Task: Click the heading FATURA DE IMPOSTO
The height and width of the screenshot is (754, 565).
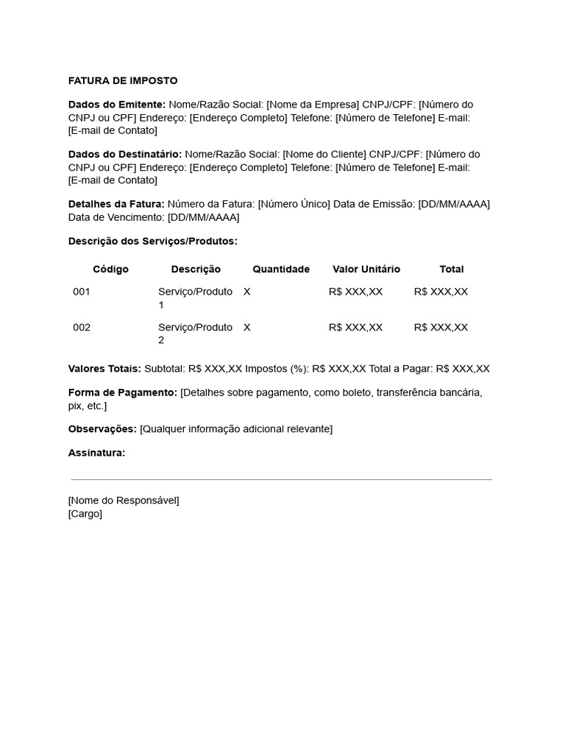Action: (123, 81)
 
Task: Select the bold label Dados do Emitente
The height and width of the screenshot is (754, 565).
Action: (117, 105)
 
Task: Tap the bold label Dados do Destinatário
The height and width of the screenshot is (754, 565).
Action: (125, 154)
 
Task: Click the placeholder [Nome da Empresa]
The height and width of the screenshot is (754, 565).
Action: (313, 105)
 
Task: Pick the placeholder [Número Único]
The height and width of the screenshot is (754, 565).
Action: (294, 204)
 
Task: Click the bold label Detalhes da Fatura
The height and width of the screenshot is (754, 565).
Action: (116, 204)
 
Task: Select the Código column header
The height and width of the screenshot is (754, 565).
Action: (110, 269)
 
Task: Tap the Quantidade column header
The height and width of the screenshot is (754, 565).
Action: (281, 269)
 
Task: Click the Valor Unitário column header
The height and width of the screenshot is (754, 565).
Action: (366, 269)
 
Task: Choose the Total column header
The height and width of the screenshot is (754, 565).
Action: (452, 269)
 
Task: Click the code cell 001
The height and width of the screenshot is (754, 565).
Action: (82, 292)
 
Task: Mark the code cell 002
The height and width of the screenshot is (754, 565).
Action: (82, 327)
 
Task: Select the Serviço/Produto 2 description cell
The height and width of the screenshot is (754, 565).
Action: (195, 334)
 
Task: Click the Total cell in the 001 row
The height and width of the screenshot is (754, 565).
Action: (441, 292)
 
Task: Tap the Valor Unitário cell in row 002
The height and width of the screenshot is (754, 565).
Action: (355, 327)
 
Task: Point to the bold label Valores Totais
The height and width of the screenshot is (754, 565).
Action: (104, 369)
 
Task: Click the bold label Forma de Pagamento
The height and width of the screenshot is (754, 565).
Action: (123, 392)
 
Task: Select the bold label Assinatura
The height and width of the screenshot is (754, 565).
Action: (96, 453)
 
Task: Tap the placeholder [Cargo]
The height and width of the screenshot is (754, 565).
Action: (85, 514)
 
